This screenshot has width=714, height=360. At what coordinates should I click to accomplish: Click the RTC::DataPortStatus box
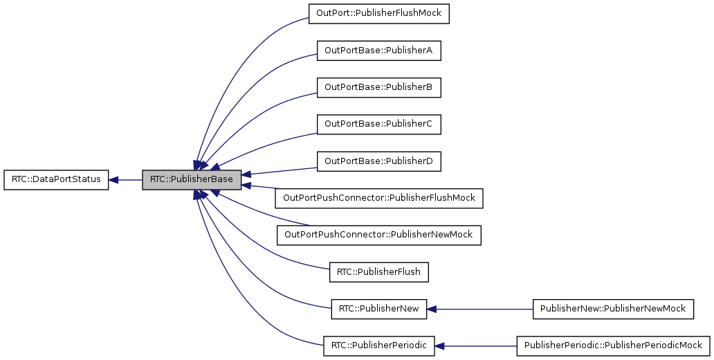click(56, 180)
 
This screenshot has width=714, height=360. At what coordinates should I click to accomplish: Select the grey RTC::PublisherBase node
click(192, 180)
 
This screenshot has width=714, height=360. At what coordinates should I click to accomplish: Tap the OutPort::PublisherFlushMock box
click(379, 14)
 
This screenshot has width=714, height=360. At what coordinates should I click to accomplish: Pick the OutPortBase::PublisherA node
click(378, 51)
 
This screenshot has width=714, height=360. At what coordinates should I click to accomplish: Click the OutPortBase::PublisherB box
click(378, 87)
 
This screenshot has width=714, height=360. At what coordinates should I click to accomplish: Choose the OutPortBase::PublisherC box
click(378, 125)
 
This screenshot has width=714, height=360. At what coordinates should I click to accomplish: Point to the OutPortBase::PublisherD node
click(378, 161)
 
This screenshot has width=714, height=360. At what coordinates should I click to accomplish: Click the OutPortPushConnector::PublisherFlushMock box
click(378, 198)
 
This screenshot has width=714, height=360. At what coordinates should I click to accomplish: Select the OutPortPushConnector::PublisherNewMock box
click(378, 235)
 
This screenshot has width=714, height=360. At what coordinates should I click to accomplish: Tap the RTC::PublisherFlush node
click(378, 272)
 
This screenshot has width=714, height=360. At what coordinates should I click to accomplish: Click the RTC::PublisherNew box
click(378, 309)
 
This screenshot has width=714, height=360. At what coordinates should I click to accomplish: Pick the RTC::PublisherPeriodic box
click(378, 345)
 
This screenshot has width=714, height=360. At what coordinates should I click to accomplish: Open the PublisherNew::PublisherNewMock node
click(613, 309)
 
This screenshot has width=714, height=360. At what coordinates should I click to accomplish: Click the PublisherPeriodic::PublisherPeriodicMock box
click(613, 345)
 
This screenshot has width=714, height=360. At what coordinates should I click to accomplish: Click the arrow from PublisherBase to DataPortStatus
click(128, 180)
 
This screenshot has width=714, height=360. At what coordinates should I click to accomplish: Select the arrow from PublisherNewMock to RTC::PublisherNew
click(484, 309)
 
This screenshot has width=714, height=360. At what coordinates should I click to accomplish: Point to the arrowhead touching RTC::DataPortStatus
click(114, 180)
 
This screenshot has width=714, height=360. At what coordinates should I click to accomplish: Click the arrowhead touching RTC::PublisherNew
click(432, 309)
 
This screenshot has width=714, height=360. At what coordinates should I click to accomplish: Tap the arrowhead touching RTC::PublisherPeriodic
click(441, 345)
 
